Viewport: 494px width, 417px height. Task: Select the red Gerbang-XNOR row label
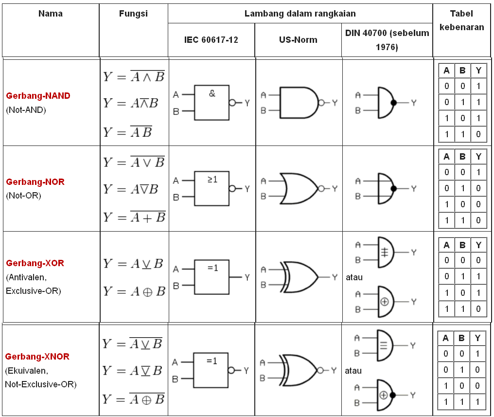37,357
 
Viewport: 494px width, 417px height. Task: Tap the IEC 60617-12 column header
211,40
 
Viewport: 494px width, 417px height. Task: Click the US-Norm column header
298,40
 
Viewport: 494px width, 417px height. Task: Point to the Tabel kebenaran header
461,20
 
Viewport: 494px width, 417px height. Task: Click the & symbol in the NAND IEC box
212,93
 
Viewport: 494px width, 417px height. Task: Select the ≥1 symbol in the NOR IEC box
212,180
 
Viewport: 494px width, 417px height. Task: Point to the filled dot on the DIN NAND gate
393,103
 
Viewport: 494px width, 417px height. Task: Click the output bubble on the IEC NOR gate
232,189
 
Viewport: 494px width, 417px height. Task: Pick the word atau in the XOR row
354,278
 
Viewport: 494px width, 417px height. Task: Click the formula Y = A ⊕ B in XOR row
134,291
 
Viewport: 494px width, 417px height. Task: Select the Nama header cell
51,14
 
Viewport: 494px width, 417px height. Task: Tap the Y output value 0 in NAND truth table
478,134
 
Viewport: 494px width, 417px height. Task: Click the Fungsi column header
133,14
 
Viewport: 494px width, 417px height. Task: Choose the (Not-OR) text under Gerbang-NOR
24,196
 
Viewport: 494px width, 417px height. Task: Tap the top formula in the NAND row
134,76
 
